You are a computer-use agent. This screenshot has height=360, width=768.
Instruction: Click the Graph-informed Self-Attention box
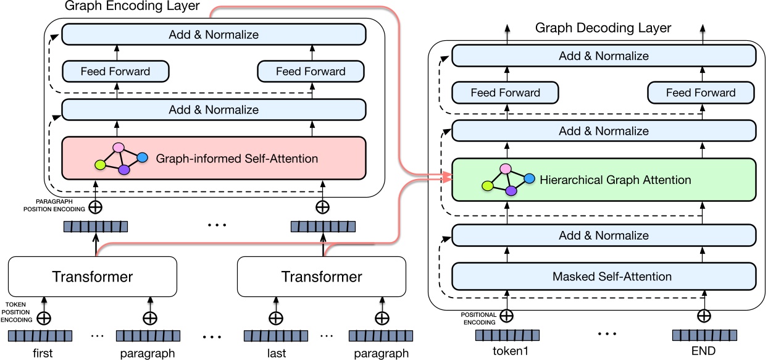point(214,159)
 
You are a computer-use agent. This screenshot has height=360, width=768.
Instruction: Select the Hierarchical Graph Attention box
point(604,180)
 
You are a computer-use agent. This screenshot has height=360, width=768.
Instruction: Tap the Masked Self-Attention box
point(604,276)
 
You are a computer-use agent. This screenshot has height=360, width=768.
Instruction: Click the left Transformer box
point(92,277)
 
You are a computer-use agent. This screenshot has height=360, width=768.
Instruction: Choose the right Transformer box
point(322,277)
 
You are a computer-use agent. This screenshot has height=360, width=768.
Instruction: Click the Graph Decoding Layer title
point(603,28)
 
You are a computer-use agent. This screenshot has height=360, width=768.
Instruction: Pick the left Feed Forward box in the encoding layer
point(115,71)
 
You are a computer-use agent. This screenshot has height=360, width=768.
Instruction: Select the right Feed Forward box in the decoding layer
point(700,93)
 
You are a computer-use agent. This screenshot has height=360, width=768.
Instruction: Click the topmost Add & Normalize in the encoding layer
point(214,35)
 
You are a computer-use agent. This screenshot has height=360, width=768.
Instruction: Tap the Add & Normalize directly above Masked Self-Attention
point(604,235)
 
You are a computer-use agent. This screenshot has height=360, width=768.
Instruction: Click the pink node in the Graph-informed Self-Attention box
point(119,148)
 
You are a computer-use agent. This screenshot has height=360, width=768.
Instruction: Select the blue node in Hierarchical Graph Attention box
point(529,178)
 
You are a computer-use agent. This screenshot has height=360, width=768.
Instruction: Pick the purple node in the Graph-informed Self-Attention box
point(123,169)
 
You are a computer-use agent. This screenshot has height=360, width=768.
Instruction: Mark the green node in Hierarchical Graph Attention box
point(488,185)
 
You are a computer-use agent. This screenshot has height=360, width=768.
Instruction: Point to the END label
point(703,351)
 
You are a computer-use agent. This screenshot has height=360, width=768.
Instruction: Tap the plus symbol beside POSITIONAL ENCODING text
point(506,316)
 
